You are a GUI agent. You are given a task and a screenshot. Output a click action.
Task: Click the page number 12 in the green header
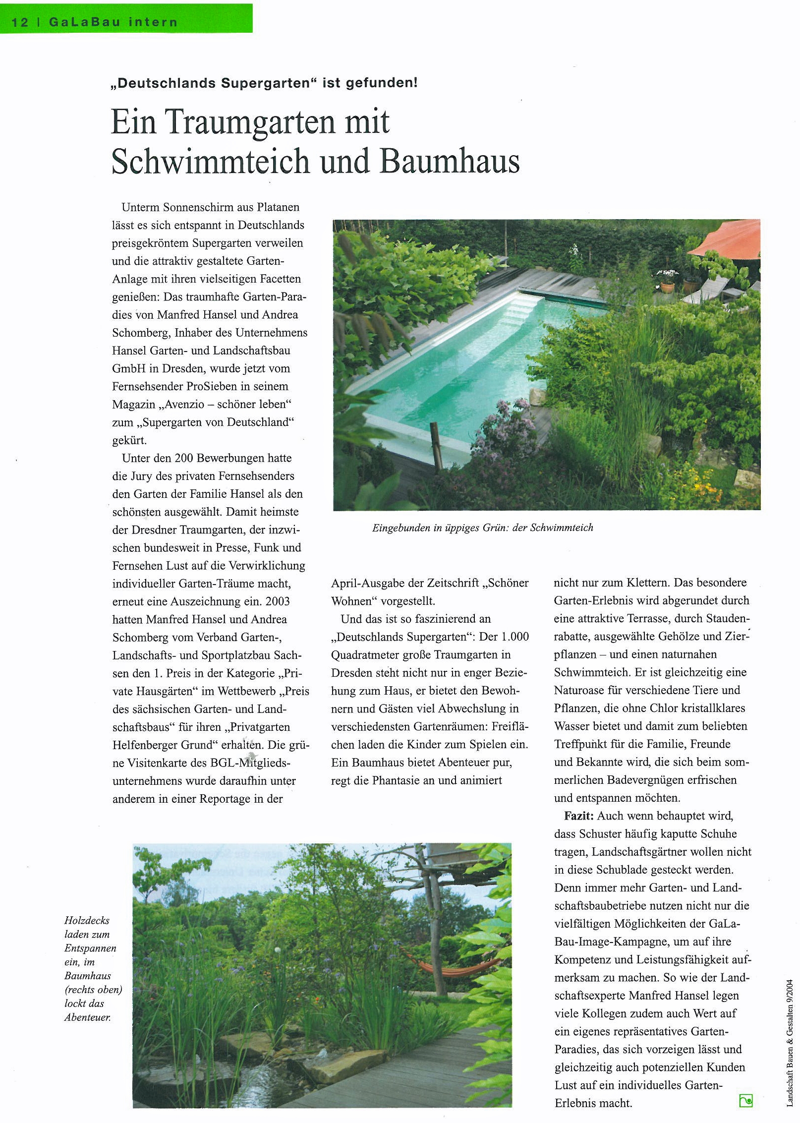pyautogui.click(x=20, y=22)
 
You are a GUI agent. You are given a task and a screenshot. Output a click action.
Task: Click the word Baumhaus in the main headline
pyautogui.click(x=450, y=162)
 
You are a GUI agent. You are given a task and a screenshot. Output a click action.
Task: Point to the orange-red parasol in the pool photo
pyautogui.click(x=728, y=240)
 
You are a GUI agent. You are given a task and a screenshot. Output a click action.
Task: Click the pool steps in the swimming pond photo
pyautogui.click(x=520, y=307)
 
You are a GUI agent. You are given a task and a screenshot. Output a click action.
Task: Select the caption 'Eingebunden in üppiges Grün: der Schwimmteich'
pyautogui.click(x=482, y=528)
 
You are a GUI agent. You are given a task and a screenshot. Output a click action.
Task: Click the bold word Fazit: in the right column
pyautogui.click(x=578, y=816)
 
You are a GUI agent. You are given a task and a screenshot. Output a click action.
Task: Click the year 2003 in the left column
pyautogui.click(x=278, y=601)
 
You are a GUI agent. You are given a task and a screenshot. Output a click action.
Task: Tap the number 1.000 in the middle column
pyautogui.click(x=515, y=637)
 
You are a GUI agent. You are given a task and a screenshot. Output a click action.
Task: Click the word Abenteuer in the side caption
pyautogui.click(x=87, y=1017)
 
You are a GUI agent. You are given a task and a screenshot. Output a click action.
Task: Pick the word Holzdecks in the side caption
pyautogui.click(x=87, y=921)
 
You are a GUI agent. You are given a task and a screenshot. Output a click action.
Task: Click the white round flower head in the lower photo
pyautogui.click(x=278, y=951)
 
